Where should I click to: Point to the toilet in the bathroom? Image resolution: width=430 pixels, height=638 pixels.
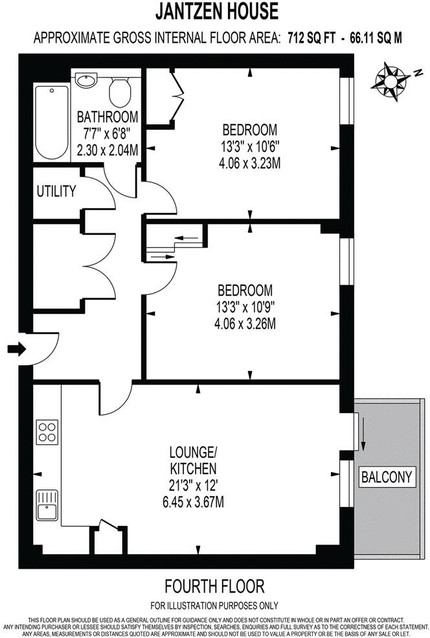coord(120,91)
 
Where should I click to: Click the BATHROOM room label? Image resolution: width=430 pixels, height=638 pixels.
coord(107,117)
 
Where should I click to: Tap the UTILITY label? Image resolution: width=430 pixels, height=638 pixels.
coord(56,192)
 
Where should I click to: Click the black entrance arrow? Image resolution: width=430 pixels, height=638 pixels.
coord(16,349)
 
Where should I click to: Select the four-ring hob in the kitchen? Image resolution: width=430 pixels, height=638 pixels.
coord(47,432)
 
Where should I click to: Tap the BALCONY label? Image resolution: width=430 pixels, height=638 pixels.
coord(386,478)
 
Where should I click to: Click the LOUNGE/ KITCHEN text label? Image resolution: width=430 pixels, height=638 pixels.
coord(192,459)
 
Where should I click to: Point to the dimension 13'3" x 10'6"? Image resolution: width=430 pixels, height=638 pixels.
coord(249,146)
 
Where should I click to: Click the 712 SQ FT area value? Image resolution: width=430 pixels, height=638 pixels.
coord(311,38)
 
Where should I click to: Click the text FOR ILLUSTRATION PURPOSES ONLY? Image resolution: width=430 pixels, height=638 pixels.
coord(214,606)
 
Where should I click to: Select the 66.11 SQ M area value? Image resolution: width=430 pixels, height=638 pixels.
coord(376,38)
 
